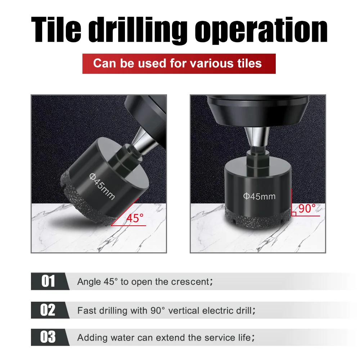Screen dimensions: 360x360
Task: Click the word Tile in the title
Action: coord(58,30)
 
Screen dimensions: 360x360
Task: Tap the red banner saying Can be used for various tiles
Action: coord(179,64)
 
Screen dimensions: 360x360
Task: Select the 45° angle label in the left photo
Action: coord(135,218)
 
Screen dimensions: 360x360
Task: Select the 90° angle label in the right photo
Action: coord(307,208)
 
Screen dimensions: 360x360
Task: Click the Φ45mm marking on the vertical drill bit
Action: coord(259,196)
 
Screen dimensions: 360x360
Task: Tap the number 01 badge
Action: coord(48,281)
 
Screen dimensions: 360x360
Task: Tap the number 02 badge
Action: coord(48,310)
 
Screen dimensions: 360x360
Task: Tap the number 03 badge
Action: coord(48,337)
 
